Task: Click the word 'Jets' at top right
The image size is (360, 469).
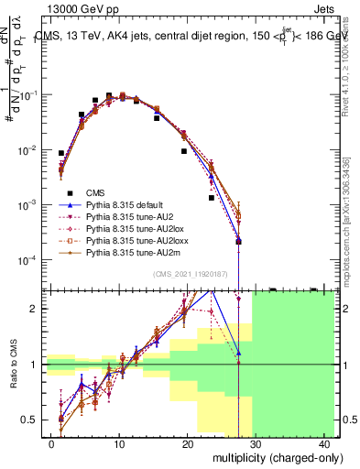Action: click(x=327, y=8)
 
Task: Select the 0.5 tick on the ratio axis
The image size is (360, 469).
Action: click(x=34, y=420)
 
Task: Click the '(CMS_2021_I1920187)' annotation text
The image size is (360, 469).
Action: click(x=190, y=275)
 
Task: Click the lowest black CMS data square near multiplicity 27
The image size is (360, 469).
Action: click(x=238, y=242)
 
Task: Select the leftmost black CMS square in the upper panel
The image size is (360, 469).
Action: click(x=61, y=154)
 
